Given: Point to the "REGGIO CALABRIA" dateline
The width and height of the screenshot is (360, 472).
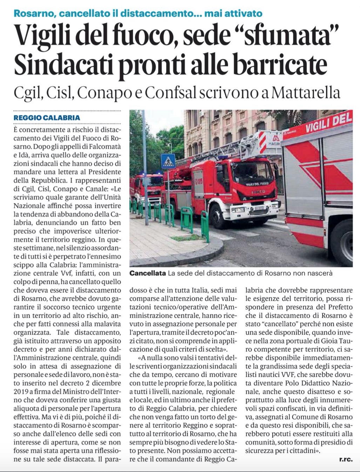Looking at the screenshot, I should (x=47, y=118).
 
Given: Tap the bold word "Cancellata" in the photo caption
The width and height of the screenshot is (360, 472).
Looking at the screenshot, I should (x=148, y=273).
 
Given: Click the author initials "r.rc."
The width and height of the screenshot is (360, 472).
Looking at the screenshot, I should (x=346, y=459).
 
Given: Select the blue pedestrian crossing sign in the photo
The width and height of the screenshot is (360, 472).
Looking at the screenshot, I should (x=168, y=161).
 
